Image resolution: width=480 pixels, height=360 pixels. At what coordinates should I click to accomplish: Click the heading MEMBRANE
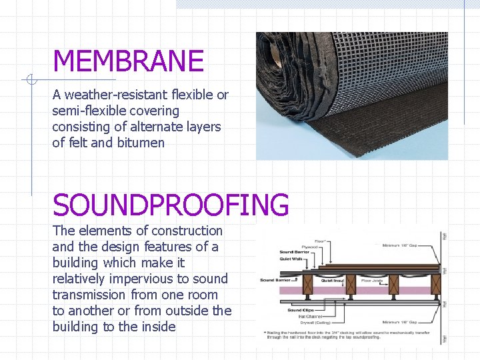coord(128,61)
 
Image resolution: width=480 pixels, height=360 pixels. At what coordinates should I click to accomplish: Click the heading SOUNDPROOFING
coord(171,205)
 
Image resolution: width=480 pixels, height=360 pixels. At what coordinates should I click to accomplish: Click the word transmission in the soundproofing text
coord(91,295)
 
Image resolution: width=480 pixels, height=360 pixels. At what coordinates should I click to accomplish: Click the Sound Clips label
coord(300,310)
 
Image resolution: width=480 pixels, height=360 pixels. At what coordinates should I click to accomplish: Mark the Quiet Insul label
coord(333,281)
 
